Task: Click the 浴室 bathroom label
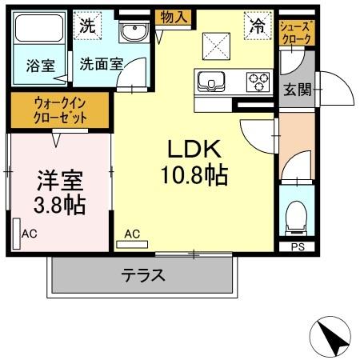(x=39, y=66)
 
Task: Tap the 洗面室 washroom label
(x=100, y=66)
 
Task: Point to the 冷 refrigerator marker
(x=258, y=26)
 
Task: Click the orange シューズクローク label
(x=297, y=32)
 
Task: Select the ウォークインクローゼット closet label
(x=61, y=109)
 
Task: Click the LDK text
(x=190, y=150)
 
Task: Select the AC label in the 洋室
(x=30, y=234)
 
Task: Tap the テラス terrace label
(x=143, y=276)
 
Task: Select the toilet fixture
(x=297, y=214)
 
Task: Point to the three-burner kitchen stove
(x=258, y=80)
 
